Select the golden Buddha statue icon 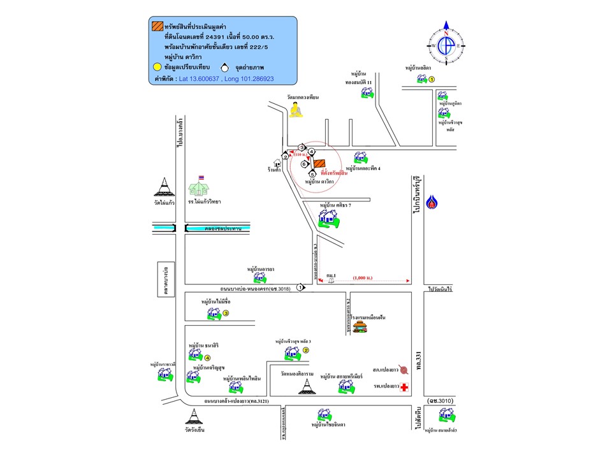[296, 110]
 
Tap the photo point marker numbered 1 [300, 288]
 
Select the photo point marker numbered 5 [312, 174]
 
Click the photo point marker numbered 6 [304, 164]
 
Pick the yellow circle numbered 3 [226, 313]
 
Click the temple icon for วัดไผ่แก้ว [164, 187]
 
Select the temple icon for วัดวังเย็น [193, 417]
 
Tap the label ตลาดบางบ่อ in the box [165, 279]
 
